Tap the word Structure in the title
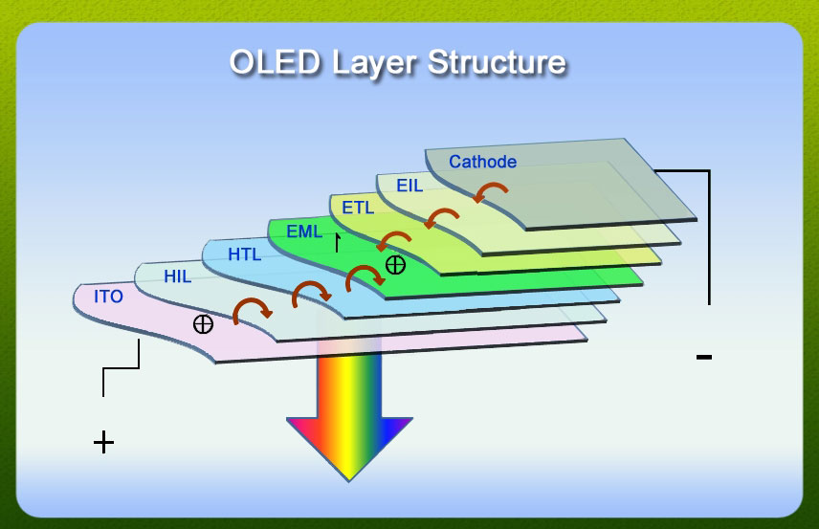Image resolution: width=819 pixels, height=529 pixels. tap(497, 62)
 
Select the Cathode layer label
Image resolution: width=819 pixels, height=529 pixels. tap(482, 162)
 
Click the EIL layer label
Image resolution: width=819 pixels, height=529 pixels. tap(409, 186)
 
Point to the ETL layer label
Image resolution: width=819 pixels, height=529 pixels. tap(358, 208)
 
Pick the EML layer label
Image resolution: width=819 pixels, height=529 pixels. tap(304, 231)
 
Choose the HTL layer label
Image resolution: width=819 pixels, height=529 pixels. tap(244, 254)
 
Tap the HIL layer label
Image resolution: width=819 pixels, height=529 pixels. tap(178, 276)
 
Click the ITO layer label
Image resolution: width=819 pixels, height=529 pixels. tap(108, 297)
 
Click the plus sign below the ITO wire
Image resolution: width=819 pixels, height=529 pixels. tap(103, 443)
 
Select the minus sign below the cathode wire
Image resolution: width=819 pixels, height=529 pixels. tap(703, 357)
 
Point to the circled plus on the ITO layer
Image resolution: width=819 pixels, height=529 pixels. tap(203, 324)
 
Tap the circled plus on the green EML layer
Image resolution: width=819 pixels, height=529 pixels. tap(395, 265)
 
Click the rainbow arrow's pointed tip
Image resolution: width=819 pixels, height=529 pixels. tap(349, 480)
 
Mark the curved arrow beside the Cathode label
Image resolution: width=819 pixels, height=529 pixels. tap(491, 187)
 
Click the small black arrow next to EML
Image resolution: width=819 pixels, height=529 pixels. tap(338, 242)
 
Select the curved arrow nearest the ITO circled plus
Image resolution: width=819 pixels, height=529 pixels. tap(251, 303)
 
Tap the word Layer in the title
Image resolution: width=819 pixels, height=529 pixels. tap(373, 64)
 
